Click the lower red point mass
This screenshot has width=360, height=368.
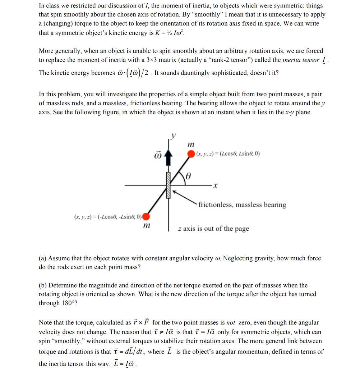point(146,216)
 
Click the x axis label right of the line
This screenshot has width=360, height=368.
point(215,186)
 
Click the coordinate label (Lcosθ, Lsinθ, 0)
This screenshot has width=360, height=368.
point(228,154)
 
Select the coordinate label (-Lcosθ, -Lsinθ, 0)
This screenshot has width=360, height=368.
point(107,217)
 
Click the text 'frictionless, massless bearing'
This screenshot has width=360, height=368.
point(242,205)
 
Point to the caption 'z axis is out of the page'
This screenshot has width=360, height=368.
point(213,229)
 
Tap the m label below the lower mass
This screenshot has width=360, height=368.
point(146,226)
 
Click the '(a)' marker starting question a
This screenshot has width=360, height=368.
point(43,258)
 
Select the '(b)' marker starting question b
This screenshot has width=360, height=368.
point(43,285)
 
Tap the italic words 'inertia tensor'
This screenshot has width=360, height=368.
point(301,60)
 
